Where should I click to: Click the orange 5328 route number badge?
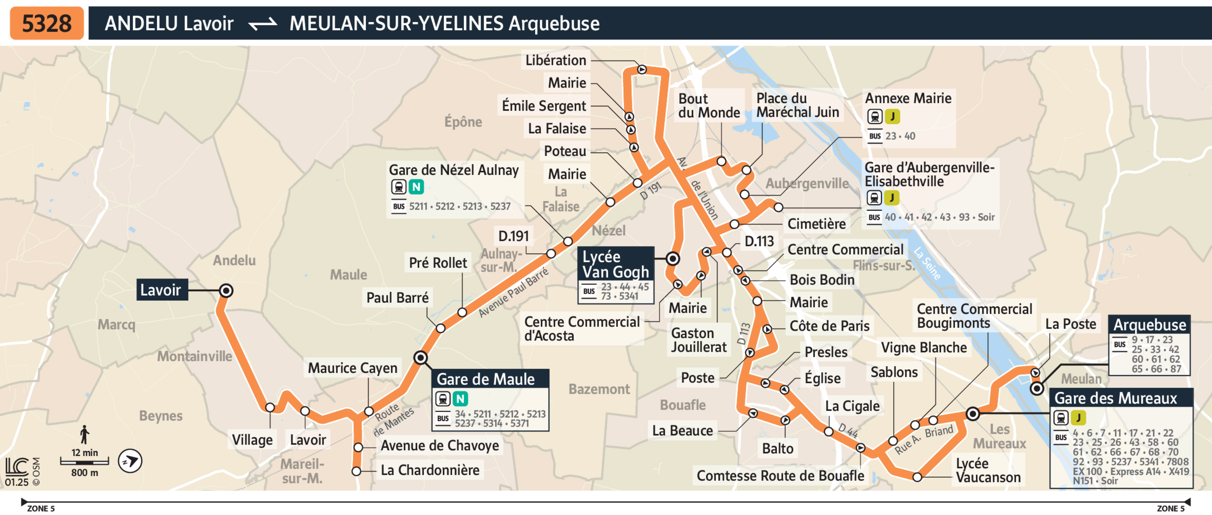[x=47, y=23]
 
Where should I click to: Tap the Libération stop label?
[x=555, y=61]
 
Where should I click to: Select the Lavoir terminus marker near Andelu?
[x=226, y=290]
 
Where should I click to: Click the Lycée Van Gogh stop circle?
[x=673, y=258]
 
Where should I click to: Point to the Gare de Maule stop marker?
[x=420, y=358]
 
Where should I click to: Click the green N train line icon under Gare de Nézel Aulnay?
[x=416, y=187]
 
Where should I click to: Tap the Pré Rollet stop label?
[x=437, y=263]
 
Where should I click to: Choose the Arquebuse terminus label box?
[x=1150, y=325]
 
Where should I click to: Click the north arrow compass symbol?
[x=130, y=461]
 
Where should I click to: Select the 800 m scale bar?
[x=84, y=462]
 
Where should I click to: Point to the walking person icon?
[x=84, y=434]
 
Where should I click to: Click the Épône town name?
[x=463, y=122]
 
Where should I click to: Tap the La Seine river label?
[x=928, y=264]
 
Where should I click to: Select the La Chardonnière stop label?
[x=430, y=470]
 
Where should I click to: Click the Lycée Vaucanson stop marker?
[x=917, y=477]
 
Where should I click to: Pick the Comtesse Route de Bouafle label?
[x=780, y=475]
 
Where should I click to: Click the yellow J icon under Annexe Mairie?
[x=892, y=116]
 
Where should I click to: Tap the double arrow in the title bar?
[x=262, y=23]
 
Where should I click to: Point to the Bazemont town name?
[x=599, y=389]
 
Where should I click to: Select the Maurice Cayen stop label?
[x=352, y=368]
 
